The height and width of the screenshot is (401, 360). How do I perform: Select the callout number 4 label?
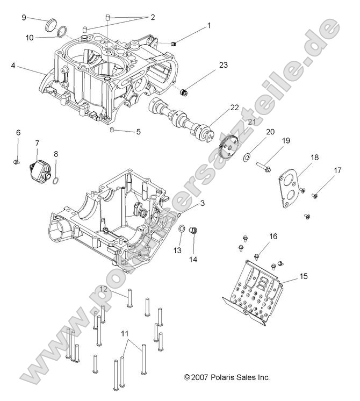12,66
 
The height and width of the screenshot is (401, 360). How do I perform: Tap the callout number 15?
304,276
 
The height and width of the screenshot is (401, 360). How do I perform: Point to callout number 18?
314,157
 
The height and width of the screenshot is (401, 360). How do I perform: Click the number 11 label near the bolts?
125,334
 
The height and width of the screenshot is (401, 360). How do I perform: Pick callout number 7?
37,143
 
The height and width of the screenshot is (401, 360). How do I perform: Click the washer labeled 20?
246,157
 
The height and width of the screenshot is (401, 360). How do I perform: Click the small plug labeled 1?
173,43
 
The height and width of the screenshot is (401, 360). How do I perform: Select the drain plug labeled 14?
194,231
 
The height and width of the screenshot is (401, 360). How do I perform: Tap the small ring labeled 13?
182,230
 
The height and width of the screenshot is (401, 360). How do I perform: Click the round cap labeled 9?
52,24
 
